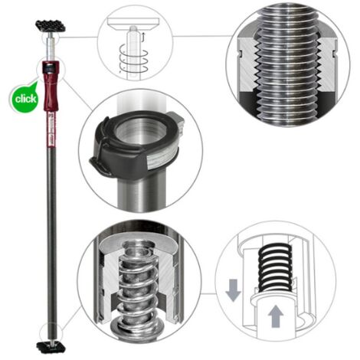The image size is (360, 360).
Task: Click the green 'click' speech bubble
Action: coord(25,98)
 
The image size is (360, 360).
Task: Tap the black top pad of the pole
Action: coord(51,26)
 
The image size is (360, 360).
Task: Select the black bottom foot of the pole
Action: coord(51,348)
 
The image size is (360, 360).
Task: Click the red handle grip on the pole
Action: coord(51,87)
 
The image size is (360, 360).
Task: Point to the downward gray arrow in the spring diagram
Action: coord(233,290)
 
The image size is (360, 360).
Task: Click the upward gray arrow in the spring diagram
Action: coord(276,316)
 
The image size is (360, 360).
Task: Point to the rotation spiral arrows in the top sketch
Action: coord(133,60)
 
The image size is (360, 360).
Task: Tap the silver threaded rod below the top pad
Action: coord(51,46)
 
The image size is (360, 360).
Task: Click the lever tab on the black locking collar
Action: coord(100,166)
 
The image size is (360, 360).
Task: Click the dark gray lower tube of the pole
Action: coord(51,237)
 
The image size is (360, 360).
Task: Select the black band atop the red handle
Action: coord(51,68)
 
